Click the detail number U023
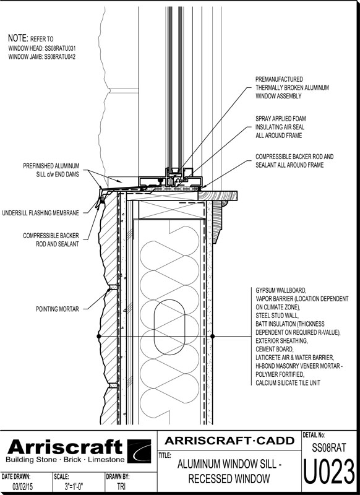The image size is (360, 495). [x=329, y=473]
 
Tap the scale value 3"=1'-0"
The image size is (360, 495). [x=74, y=486]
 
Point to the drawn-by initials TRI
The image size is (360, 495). [x=121, y=486]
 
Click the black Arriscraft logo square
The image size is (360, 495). [x=139, y=451]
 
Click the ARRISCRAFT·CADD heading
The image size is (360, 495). [x=229, y=441]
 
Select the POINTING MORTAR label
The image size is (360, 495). [x=58, y=309]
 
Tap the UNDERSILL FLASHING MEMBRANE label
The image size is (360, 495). [x=40, y=213]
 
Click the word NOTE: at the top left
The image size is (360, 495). [x=18, y=38]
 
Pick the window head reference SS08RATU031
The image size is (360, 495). [x=60, y=48]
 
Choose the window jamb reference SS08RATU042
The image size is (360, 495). [x=59, y=57]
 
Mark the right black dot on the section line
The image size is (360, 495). [x=212, y=336]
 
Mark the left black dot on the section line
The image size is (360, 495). [x=99, y=336]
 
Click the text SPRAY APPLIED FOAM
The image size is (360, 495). [x=280, y=119]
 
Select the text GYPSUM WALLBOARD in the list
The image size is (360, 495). [x=280, y=290]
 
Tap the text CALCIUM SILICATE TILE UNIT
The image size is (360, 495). [x=288, y=383]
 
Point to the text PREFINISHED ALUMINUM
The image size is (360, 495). [x=51, y=166]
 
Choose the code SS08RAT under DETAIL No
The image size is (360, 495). [x=329, y=447]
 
